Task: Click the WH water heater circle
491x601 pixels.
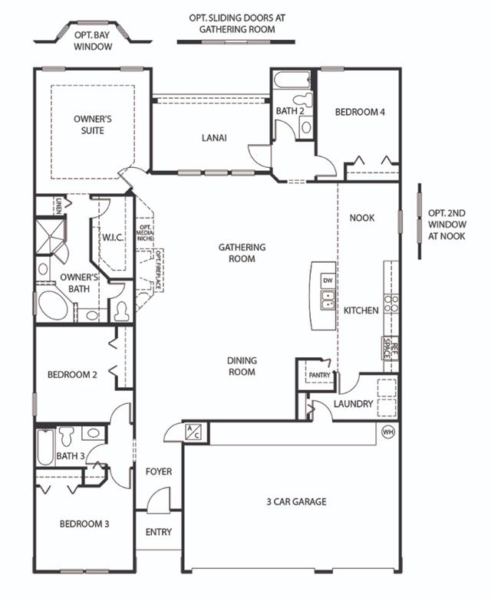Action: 388,432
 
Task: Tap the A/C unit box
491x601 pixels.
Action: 193,432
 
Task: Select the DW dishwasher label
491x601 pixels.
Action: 328,281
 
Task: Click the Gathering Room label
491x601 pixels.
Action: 242,253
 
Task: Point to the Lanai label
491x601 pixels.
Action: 214,138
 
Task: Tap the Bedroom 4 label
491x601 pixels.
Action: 360,112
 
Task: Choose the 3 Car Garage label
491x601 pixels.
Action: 296,501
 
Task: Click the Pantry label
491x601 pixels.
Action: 319,375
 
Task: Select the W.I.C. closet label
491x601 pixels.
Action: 112,238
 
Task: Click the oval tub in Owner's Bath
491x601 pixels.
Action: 53,305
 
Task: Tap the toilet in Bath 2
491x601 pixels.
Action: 304,100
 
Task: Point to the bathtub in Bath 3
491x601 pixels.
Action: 45,448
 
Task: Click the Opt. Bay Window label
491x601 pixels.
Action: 93,41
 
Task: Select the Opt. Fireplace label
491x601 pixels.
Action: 158,270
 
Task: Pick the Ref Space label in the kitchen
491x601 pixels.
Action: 391,348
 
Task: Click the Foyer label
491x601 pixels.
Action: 159,471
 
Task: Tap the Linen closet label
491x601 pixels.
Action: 58,205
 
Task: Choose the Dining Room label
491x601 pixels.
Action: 242,366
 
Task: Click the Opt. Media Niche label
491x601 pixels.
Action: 146,233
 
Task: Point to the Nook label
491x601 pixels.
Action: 362,218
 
